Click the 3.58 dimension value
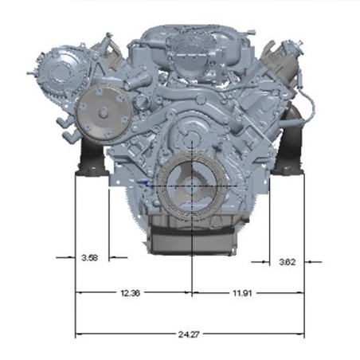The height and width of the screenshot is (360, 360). (90, 258)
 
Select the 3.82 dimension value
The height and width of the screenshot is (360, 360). (288, 262)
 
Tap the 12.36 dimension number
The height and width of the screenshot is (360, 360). (130, 293)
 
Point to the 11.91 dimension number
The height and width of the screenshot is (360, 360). (242, 293)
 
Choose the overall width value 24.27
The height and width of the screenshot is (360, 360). (189, 335)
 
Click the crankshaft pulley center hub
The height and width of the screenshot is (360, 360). (192, 186)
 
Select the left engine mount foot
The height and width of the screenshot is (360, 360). (92, 172)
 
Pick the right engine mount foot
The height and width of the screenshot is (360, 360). (288, 170)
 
